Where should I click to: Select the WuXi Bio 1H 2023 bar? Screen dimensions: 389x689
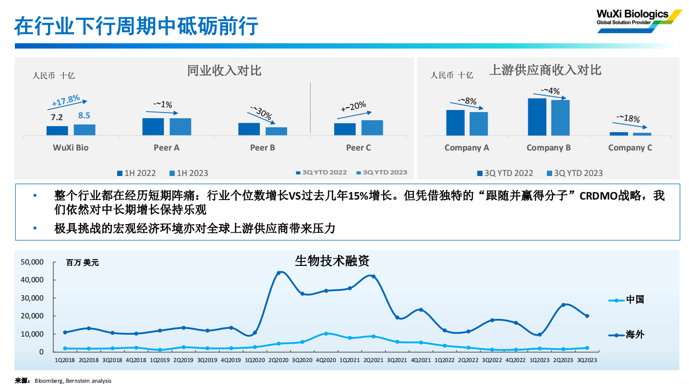tap(85, 130)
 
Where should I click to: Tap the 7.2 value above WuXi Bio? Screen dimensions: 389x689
tap(57, 117)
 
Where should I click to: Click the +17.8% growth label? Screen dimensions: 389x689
tap(66, 101)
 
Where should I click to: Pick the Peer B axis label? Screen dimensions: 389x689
tap(263, 148)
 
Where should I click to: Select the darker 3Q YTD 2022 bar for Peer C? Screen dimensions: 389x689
tap(345, 129)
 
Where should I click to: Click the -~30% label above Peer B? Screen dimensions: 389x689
tap(261, 113)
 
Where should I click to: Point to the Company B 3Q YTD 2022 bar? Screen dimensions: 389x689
tap(537, 117)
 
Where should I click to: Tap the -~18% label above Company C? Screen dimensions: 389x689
tap(628, 119)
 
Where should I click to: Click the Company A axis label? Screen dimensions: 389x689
tap(467, 148)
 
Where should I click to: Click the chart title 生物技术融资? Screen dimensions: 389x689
tap(332, 261)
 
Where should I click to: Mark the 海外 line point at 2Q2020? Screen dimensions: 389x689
tap(279, 273)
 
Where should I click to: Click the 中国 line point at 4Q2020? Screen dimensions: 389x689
tap(326, 333)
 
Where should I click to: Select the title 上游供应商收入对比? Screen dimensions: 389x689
tap(545, 70)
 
